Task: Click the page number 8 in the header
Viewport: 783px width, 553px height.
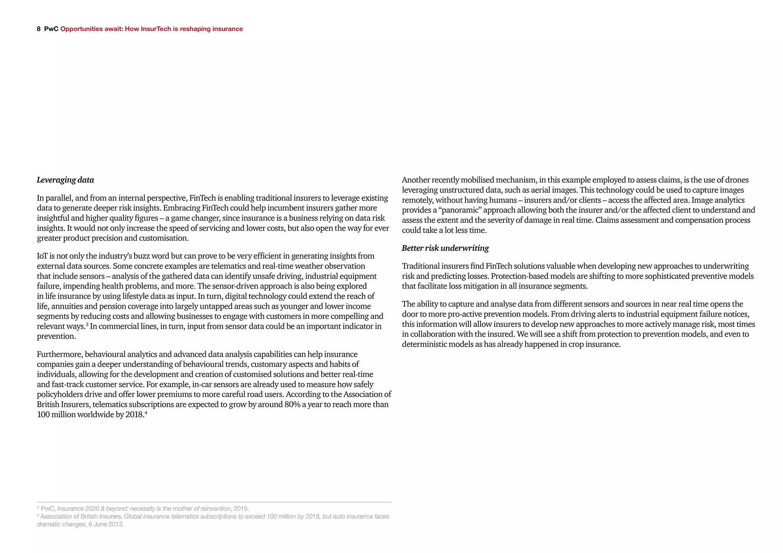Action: (39, 29)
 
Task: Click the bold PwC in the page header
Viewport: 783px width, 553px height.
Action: (51, 29)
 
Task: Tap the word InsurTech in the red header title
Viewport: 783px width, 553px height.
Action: (156, 29)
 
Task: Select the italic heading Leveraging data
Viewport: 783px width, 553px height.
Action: (65, 180)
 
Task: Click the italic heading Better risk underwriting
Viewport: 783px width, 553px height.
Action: (445, 248)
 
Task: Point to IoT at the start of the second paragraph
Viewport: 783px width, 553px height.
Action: (42, 256)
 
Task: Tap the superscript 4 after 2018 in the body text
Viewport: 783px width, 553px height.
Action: (146, 412)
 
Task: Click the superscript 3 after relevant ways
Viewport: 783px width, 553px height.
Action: (87, 324)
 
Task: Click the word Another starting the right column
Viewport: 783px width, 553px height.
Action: (416, 180)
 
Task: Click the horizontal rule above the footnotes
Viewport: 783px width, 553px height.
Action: (214, 502)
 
